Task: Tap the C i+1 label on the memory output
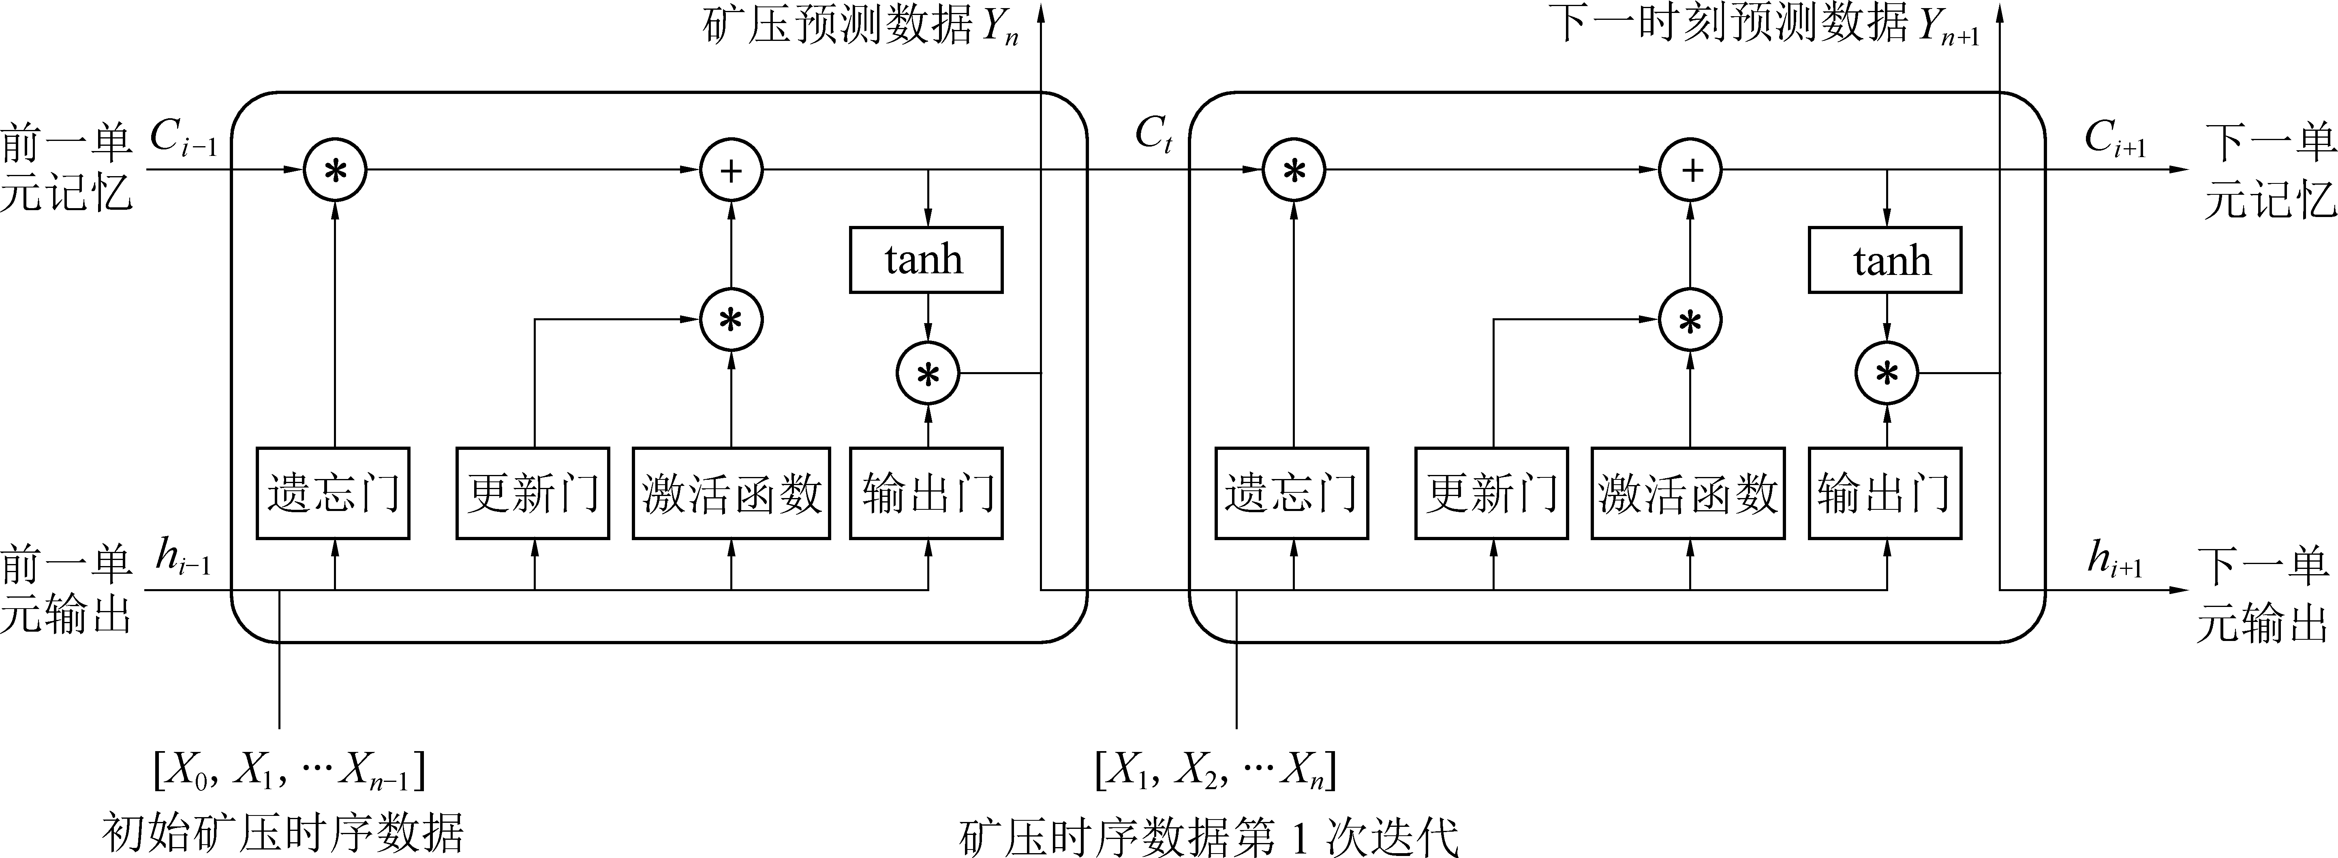(x=2115, y=139)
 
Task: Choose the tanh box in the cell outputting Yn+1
(x=1885, y=261)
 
